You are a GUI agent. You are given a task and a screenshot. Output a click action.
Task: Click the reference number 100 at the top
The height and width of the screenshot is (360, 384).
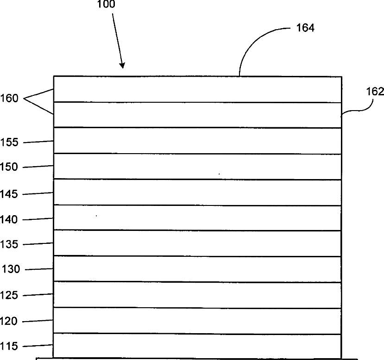coord(106,6)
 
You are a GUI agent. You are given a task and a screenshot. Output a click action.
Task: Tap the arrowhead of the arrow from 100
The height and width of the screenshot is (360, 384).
coord(123,66)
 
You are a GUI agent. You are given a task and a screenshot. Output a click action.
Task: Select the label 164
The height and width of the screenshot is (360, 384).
coord(305,28)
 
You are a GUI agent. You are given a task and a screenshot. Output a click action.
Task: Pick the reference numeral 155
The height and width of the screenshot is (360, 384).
coord(9,143)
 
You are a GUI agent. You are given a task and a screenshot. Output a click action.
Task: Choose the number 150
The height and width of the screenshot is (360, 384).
coord(9,167)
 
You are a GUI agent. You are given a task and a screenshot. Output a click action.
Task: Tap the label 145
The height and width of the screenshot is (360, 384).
coord(9,194)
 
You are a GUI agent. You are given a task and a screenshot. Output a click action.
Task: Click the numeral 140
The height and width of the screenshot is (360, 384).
coord(9,219)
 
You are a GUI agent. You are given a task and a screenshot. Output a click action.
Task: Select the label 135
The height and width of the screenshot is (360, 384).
coord(9,244)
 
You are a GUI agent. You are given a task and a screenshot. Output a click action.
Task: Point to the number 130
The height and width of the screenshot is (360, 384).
coord(12,269)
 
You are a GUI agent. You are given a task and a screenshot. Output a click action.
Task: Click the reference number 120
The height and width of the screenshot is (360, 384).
coord(9,321)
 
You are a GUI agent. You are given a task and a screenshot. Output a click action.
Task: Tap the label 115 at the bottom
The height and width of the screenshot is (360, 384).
coord(9,346)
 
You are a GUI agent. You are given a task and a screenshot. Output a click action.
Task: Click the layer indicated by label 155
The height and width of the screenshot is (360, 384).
coord(197,140)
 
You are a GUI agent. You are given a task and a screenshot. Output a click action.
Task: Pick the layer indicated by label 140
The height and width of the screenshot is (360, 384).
coord(197,217)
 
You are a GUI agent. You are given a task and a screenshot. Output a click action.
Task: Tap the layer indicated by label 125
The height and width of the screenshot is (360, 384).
coord(197,295)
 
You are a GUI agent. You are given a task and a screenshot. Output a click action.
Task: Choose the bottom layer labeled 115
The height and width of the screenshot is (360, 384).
coord(197,345)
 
